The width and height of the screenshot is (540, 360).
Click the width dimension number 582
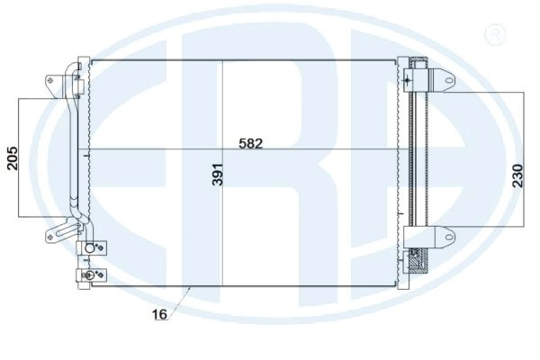point(250,143)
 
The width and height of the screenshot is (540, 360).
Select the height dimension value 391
point(218,175)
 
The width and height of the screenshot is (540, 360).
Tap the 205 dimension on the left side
point(12,158)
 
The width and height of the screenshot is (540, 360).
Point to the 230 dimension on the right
point(517,175)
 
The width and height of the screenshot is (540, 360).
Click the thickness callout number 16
point(159,314)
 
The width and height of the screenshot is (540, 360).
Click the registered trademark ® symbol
point(495,34)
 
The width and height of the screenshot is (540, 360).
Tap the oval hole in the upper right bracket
point(449,80)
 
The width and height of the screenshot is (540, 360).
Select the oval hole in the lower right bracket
point(449,237)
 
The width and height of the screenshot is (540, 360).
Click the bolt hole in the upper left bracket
point(50,81)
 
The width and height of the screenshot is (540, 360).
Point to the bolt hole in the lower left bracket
point(50,237)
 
